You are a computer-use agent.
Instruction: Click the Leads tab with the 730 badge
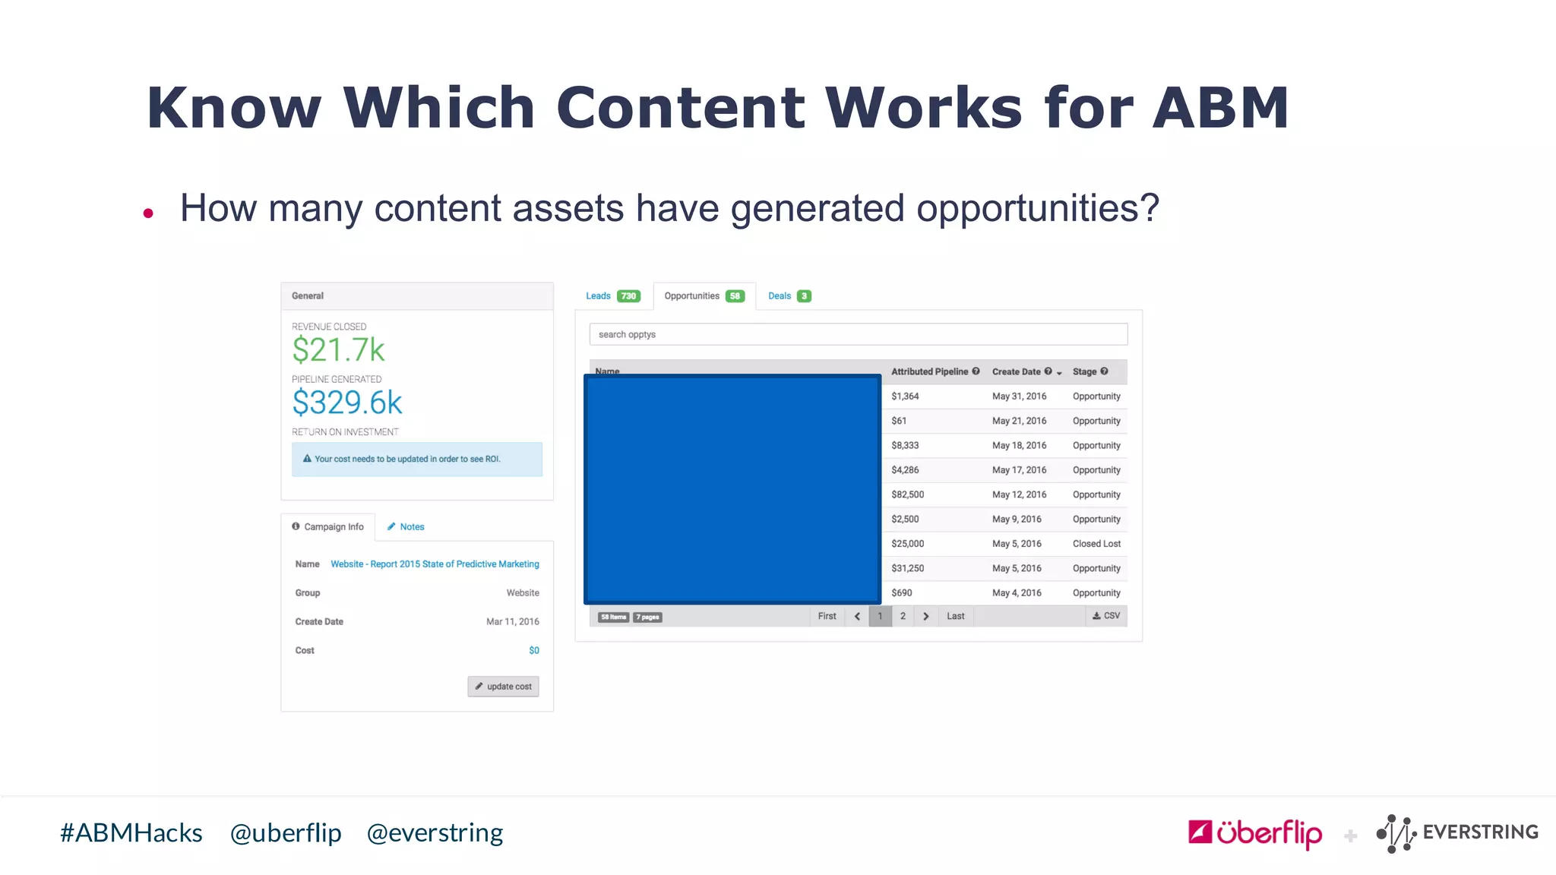pos(612,296)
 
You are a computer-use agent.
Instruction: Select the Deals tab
pos(789,296)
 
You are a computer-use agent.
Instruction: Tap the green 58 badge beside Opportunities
pos(735,296)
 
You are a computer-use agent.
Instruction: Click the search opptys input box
pos(858,334)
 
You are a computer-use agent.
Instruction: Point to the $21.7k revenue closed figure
pos(339,350)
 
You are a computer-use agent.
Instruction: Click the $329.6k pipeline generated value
pos(347,403)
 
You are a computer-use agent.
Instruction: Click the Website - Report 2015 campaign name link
pos(435,564)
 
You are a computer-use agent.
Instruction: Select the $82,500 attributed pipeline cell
pos(908,494)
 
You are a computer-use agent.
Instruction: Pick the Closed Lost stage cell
pos(1096,544)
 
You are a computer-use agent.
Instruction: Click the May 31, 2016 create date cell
pos(1019,396)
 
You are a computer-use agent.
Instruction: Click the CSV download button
pos(1106,616)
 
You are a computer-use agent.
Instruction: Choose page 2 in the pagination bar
pos(903,616)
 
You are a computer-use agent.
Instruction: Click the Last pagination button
pos(955,616)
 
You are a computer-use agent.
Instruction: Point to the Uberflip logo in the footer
pos(1255,833)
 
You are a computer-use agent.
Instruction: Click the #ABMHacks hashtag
pos(131,833)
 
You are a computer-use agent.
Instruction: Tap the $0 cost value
pos(534,650)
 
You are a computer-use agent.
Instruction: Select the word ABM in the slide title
pos(1220,108)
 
